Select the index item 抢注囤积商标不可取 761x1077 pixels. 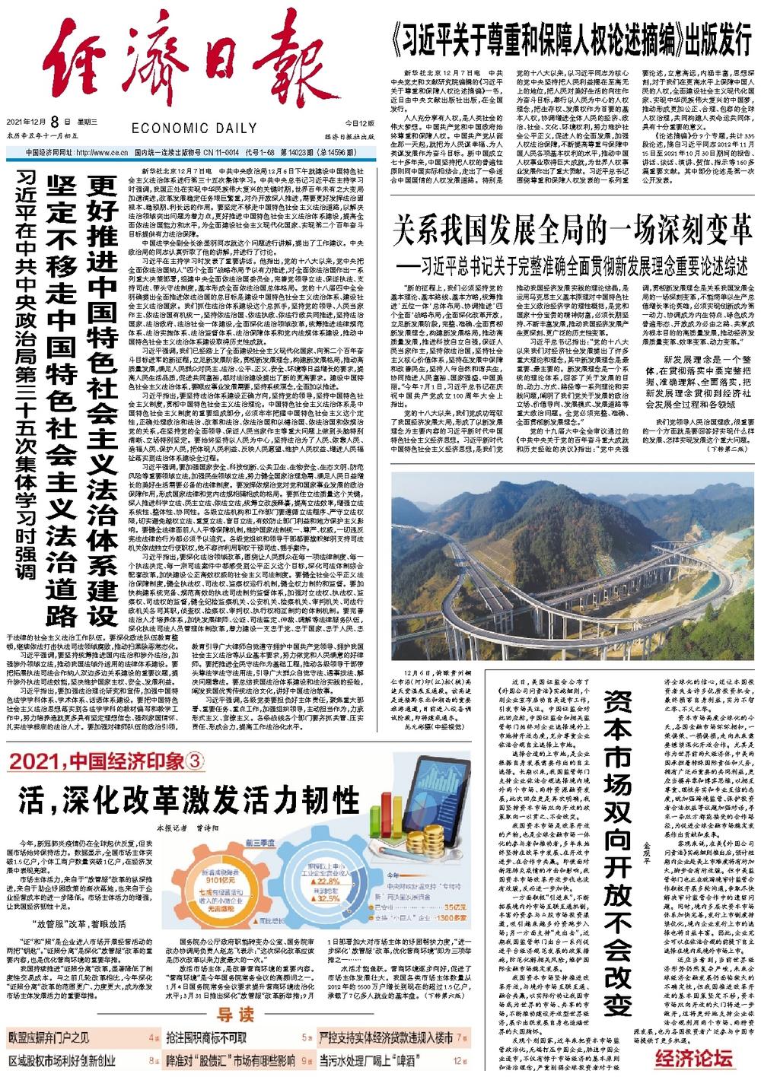tap(205, 1037)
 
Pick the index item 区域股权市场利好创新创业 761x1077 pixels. tap(62, 1059)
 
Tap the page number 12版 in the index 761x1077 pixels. tap(459, 1059)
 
